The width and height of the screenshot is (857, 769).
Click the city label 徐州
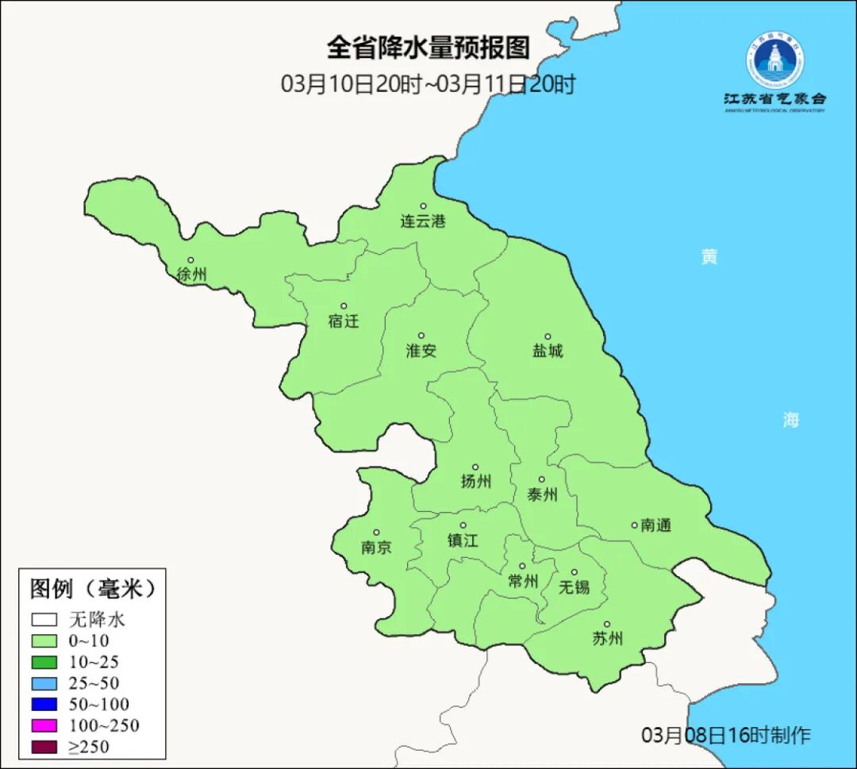(192, 275)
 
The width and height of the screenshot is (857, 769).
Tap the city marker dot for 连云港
(423, 206)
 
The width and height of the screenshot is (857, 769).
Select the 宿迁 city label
(344, 321)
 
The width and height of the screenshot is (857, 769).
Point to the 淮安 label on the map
(421, 350)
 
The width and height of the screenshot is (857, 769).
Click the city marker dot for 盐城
(547, 336)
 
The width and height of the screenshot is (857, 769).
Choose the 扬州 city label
(476, 481)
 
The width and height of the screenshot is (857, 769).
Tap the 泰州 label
(543, 494)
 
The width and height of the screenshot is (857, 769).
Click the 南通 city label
(656, 525)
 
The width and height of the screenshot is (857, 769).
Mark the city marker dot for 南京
(376, 533)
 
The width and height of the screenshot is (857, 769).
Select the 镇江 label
(463, 540)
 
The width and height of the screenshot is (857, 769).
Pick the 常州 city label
(523, 581)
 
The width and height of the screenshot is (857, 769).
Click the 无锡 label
(575, 587)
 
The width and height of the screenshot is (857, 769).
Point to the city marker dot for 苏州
(607, 625)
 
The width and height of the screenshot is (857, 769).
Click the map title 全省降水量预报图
(428, 48)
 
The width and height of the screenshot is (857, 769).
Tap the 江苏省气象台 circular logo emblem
(774, 60)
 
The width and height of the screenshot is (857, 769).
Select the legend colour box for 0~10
(44, 640)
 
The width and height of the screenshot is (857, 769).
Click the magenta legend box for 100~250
(44, 725)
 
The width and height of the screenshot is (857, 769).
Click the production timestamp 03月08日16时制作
(726, 735)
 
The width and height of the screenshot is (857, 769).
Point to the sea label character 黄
(709, 256)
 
